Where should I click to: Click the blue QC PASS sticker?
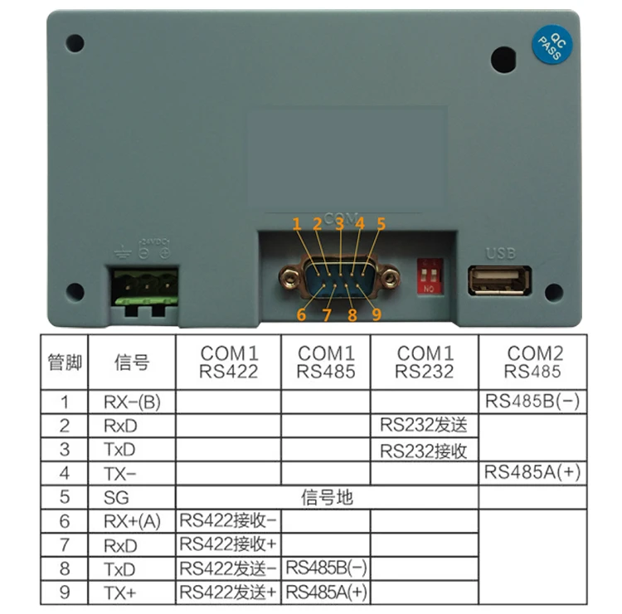click(549, 46)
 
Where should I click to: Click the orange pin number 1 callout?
click(296, 223)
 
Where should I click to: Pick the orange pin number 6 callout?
click(301, 314)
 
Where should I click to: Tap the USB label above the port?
click(500, 252)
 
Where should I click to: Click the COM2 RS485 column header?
click(535, 362)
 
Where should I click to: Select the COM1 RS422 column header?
click(228, 363)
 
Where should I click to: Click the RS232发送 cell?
click(424, 426)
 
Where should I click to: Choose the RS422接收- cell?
click(228, 522)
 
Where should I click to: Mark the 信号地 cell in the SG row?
click(327, 498)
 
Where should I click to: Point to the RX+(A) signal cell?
click(132, 522)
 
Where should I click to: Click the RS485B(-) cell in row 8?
click(326, 569)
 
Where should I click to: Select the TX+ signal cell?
click(132, 592)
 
